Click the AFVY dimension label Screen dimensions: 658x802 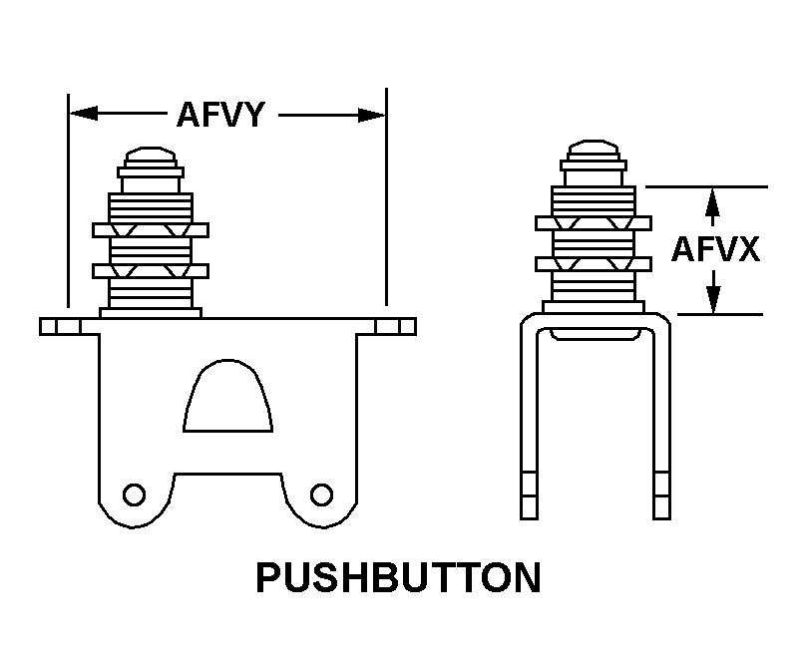point(220,116)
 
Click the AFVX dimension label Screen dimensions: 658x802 point(715,248)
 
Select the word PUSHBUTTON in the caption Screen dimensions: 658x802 point(399,578)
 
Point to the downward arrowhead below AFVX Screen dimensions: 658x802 point(712,300)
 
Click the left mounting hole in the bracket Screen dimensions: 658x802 point(132,493)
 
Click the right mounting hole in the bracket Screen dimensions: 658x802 point(321,493)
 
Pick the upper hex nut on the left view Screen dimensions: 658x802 point(151,230)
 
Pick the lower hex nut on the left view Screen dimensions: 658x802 point(151,270)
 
